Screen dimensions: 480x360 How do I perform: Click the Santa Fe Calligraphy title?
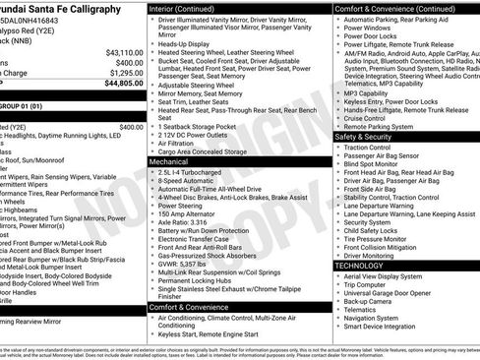[x=66, y=8]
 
